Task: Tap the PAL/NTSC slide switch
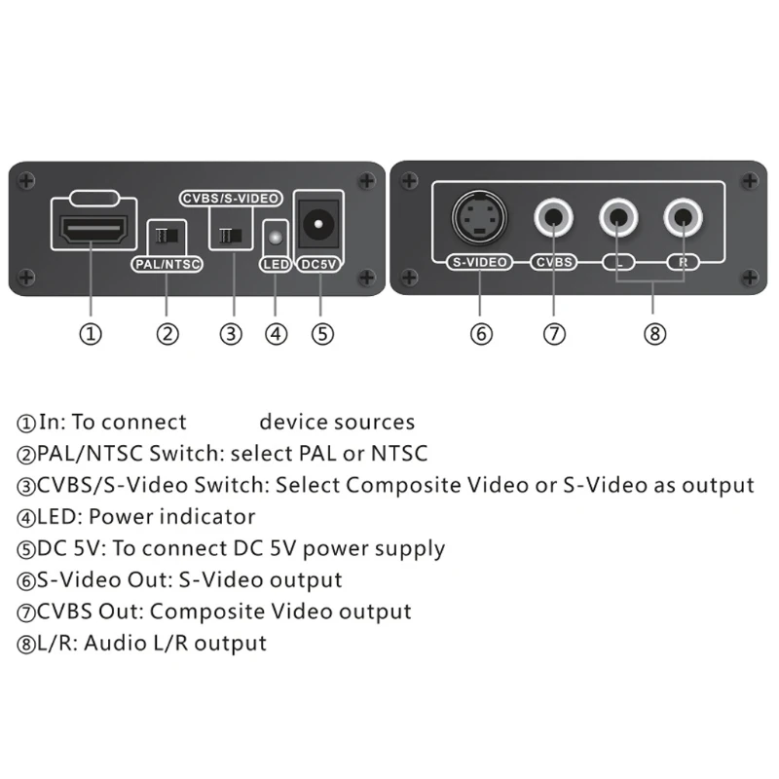166,235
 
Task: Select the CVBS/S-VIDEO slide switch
231,235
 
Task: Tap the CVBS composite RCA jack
555,215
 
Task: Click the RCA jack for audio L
619,215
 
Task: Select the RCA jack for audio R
684,215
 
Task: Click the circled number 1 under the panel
91,334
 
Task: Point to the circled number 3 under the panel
231,334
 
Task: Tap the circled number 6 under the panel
481,334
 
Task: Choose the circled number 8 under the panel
654,334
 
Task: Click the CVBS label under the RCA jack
554,262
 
